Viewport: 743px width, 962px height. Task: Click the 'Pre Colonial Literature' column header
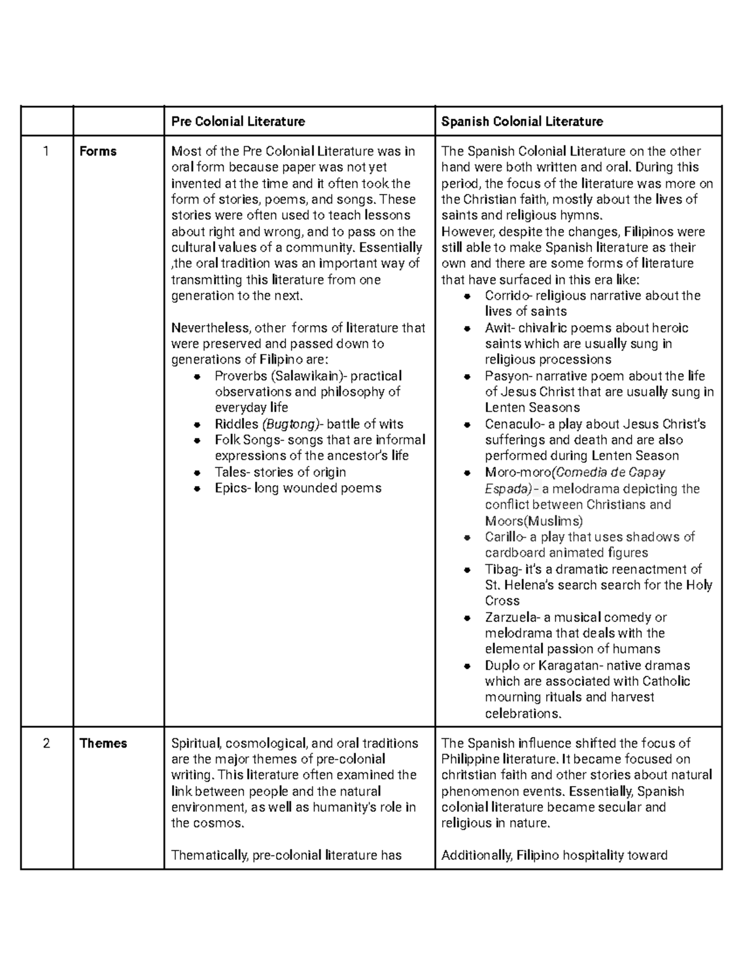click(238, 121)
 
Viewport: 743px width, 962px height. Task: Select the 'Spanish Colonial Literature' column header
click(521, 121)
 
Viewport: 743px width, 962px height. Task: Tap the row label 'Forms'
click(98, 152)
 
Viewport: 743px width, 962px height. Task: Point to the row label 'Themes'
click(103, 743)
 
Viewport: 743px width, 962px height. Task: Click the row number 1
click(46, 152)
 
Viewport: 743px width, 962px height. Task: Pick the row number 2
click(46, 743)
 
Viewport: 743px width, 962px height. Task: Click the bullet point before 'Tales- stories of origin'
click(197, 473)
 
